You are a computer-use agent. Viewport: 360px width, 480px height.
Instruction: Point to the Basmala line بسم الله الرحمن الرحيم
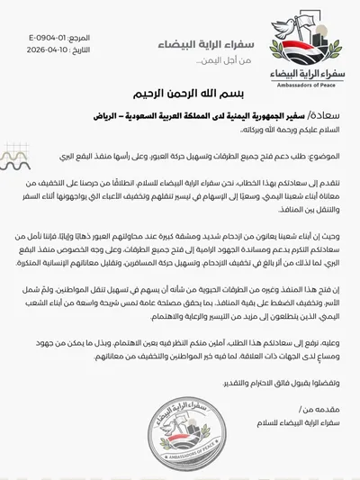coord(180,91)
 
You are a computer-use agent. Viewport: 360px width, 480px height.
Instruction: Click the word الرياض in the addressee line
coord(110,116)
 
